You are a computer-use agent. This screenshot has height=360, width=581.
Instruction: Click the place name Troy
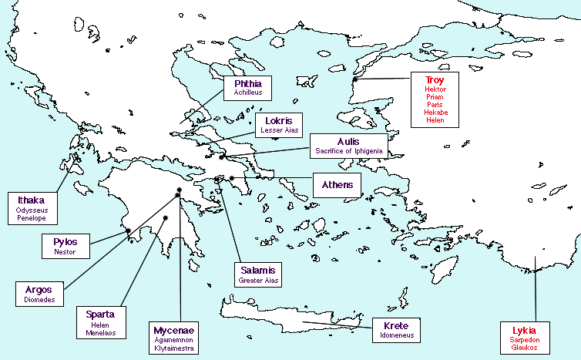(435, 79)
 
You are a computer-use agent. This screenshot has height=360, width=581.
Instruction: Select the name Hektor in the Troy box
(435, 89)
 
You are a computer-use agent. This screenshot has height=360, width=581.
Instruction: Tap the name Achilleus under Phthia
(248, 92)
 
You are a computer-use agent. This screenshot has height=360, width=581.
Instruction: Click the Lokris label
(279, 121)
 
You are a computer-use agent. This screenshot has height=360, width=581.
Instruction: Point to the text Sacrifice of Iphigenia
(348, 151)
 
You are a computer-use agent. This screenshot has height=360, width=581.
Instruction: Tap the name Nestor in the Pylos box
(65, 251)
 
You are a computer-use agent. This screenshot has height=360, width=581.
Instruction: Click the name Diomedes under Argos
(39, 300)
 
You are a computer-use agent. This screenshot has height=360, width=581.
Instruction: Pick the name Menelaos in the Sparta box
(101, 332)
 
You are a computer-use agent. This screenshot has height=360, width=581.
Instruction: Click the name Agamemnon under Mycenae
(174, 340)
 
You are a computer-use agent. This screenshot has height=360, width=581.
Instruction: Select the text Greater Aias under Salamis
(257, 281)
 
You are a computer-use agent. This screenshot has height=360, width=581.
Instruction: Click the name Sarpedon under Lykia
(524, 340)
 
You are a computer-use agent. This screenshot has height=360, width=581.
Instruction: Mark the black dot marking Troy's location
(355, 79)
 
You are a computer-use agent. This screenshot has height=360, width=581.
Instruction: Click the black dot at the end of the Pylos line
(128, 230)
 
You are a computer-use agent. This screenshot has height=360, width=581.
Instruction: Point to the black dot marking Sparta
(165, 218)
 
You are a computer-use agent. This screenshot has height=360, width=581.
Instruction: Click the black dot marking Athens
(231, 178)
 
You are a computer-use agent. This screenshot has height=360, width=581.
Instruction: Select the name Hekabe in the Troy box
(435, 113)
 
